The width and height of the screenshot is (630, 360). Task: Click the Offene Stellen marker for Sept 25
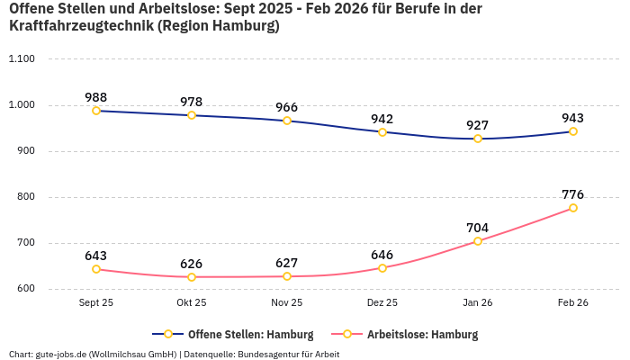click(x=96, y=111)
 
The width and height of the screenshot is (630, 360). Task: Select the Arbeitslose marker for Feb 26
click(x=573, y=208)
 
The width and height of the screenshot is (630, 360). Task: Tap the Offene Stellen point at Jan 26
click(x=478, y=139)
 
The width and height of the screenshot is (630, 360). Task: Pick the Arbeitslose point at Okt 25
click(x=192, y=276)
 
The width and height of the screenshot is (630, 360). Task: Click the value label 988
click(x=96, y=97)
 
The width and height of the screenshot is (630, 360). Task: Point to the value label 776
click(x=573, y=194)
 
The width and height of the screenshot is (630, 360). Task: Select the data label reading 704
click(x=478, y=228)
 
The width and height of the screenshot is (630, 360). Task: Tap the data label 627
click(x=287, y=263)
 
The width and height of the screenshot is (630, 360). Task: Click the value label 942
click(x=382, y=119)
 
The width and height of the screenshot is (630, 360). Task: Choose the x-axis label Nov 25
click(x=287, y=303)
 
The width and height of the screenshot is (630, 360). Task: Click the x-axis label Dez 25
click(x=382, y=303)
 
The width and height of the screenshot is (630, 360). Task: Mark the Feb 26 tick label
click(x=573, y=303)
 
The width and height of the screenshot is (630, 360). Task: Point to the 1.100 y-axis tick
click(x=21, y=59)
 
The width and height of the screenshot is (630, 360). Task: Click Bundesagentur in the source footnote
click(x=276, y=354)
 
